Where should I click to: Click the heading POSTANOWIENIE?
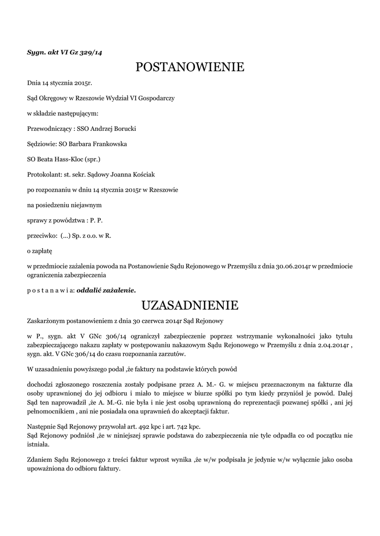click(190, 67)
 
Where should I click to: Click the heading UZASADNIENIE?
click(190, 305)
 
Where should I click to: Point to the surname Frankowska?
click(107, 143)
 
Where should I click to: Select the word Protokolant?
click(44, 174)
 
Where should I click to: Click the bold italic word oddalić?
click(90, 289)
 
